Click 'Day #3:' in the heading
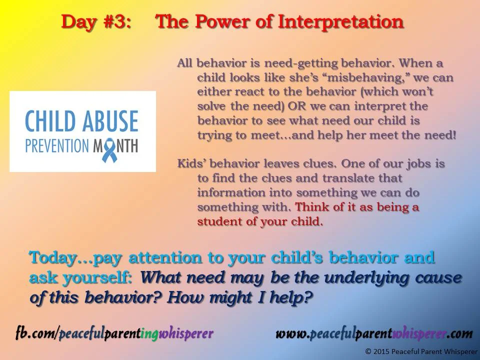96,21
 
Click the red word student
219,221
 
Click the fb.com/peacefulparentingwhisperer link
114,333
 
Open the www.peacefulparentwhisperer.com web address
374,333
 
